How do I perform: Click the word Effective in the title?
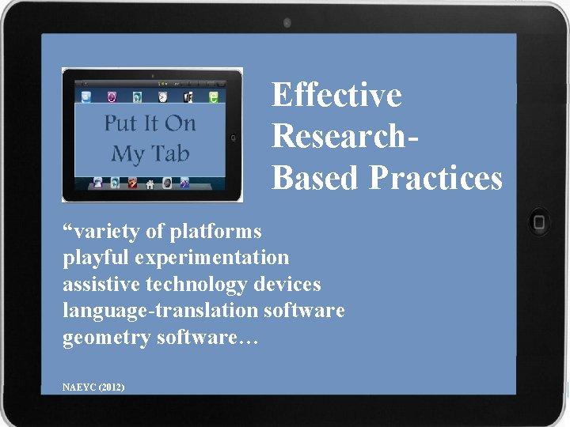(x=336, y=96)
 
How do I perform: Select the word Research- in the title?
(x=345, y=136)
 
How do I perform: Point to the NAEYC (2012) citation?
(x=93, y=387)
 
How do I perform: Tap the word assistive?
(x=97, y=284)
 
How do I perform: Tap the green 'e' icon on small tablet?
(x=213, y=97)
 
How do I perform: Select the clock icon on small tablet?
(x=161, y=97)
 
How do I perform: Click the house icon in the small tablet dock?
(x=150, y=183)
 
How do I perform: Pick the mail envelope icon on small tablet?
(x=86, y=97)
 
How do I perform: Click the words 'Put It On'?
(x=150, y=124)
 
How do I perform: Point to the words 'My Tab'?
(x=150, y=153)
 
